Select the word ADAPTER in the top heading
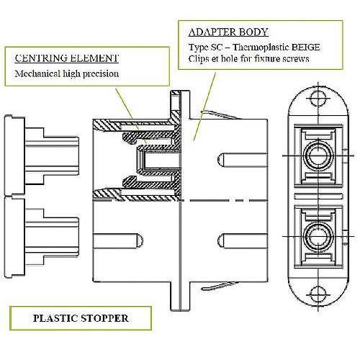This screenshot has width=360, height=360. click(209, 32)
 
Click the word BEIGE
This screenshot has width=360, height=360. click(305, 47)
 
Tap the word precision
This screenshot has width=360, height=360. click(101, 74)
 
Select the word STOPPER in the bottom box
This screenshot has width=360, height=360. click(104, 318)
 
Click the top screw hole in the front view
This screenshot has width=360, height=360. click(318, 99)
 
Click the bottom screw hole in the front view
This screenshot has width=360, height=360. click(318, 294)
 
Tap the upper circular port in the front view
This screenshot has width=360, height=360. click(318, 156)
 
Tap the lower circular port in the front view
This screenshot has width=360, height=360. click(318, 236)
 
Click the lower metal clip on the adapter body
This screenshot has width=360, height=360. click(220, 286)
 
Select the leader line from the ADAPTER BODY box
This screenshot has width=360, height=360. click(204, 107)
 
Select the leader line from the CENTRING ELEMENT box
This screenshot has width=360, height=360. click(131, 116)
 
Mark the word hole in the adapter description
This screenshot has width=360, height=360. click(230, 59)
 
